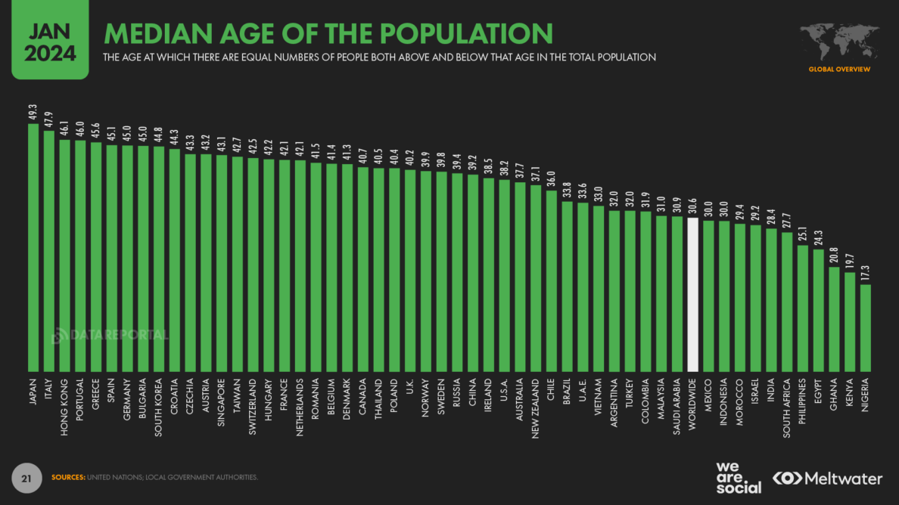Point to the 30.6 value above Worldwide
(x=692, y=206)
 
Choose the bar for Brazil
(x=567, y=287)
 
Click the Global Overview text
(x=839, y=70)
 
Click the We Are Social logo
(x=738, y=477)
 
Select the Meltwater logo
(x=827, y=479)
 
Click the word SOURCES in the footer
(x=67, y=477)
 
